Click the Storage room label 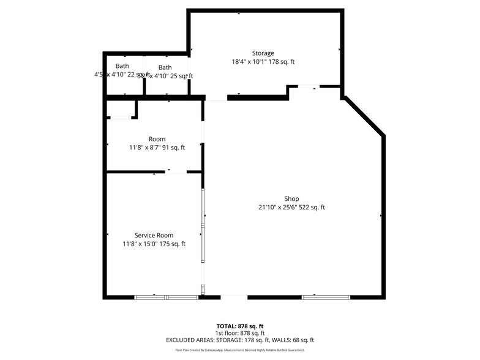263,53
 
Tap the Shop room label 291,198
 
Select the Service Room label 154,235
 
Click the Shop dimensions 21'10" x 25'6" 291,208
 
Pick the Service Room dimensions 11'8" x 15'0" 154,244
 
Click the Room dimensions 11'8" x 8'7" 157,148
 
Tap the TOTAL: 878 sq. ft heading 240,326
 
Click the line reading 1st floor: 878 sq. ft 240,333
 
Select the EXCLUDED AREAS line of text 240,340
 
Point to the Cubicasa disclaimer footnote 240,350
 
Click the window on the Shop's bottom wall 326,298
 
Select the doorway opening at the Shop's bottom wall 234,298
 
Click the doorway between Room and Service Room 176,172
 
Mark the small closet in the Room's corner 121,109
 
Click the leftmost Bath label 122,66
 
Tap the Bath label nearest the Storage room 165,67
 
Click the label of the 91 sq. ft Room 157,139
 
